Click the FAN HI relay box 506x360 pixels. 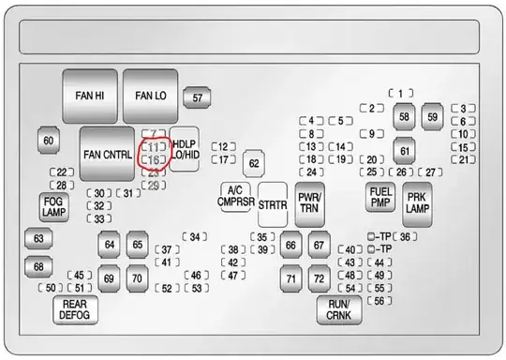click(90, 96)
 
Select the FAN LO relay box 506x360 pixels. click(150, 96)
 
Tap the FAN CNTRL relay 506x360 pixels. click(107, 154)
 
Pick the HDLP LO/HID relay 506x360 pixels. click(184, 148)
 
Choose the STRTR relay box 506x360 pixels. click(273, 204)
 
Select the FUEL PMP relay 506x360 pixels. click(380, 196)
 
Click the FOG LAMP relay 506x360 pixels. click(52, 206)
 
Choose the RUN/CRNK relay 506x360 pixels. click(338, 310)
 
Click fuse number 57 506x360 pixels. click(197, 97)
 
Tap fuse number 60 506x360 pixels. click(49, 142)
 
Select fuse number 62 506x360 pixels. click(253, 164)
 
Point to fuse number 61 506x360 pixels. click(405, 150)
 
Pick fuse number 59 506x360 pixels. click(432, 117)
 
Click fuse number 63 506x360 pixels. click(38, 239)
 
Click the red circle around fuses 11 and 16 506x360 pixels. click(155, 154)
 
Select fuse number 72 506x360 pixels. click(320, 278)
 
